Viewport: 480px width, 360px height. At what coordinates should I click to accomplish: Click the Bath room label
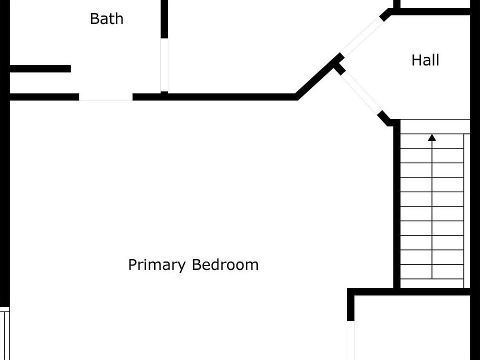tap(106, 19)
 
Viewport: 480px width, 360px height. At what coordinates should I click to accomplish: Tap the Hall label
tap(425, 60)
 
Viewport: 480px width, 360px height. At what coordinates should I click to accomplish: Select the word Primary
tap(157, 264)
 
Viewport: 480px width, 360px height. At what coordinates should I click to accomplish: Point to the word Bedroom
tap(225, 264)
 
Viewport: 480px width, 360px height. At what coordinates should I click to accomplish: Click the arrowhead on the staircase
tap(432, 136)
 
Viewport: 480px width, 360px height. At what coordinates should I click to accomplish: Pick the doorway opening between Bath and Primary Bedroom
tap(105, 97)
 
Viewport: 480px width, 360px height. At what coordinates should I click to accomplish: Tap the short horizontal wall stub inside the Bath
tap(40, 69)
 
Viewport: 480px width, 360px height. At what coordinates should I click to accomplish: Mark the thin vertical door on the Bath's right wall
tap(164, 64)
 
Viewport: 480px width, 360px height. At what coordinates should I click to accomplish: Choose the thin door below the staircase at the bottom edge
tap(351, 340)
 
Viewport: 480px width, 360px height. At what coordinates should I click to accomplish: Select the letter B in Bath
tap(94, 19)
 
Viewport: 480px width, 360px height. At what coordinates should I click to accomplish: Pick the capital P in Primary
tap(132, 264)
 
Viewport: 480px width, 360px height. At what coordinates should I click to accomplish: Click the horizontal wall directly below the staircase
tap(410, 291)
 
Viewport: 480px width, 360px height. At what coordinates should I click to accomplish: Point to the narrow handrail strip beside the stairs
tap(467, 210)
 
